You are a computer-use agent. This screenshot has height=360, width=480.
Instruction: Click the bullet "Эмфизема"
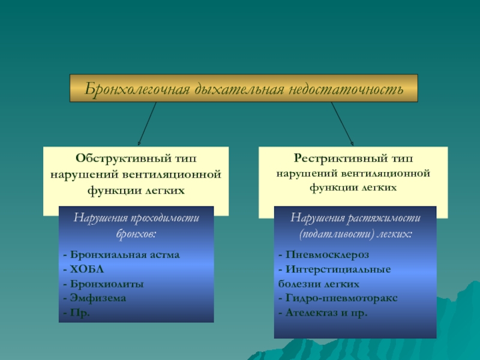coord(96,298)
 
